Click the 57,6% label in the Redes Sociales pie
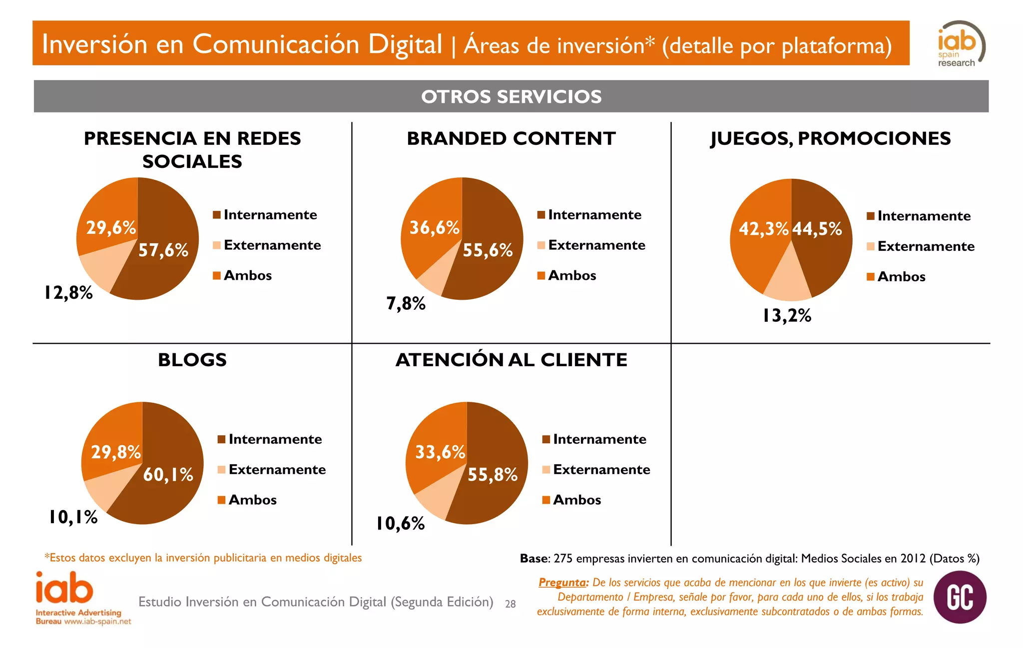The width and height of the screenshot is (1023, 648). (x=163, y=250)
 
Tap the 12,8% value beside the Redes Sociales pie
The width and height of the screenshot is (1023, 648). (x=68, y=293)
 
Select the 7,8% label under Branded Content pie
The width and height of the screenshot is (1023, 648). (x=406, y=303)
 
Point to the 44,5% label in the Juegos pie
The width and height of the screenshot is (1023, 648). (x=817, y=229)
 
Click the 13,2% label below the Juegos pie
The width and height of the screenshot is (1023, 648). (x=787, y=315)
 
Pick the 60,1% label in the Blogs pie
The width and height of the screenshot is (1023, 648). (x=168, y=474)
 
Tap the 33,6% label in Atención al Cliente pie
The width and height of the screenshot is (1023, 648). (x=440, y=452)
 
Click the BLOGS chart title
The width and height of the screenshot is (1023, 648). (x=192, y=360)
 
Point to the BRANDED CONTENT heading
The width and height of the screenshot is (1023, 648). (x=511, y=138)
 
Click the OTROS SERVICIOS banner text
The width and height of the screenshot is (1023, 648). (x=511, y=96)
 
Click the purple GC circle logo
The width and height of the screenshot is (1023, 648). (x=960, y=597)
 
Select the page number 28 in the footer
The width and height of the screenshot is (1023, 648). (x=510, y=604)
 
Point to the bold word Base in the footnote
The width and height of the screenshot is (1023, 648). (x=534, y=559)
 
